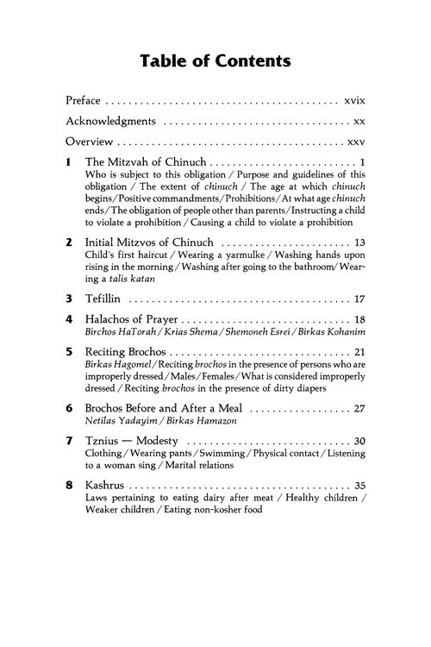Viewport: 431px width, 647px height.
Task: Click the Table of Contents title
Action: (x=215, y=60)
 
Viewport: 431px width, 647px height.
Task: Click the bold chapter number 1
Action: (x=68, y=161)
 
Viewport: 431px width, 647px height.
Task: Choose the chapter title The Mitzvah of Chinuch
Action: (x=146, y=161)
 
